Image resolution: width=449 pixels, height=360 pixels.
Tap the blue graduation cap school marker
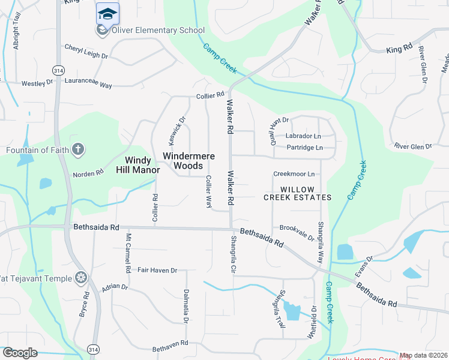107,14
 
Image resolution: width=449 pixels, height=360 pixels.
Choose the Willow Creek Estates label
298,193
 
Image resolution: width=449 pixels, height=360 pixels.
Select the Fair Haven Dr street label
157,271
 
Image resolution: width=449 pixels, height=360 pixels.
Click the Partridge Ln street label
304,148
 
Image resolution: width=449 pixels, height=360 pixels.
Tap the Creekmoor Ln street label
294,174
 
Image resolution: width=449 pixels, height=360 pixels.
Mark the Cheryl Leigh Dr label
86,52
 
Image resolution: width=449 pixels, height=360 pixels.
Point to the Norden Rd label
88,174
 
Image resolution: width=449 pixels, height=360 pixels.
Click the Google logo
20,353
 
